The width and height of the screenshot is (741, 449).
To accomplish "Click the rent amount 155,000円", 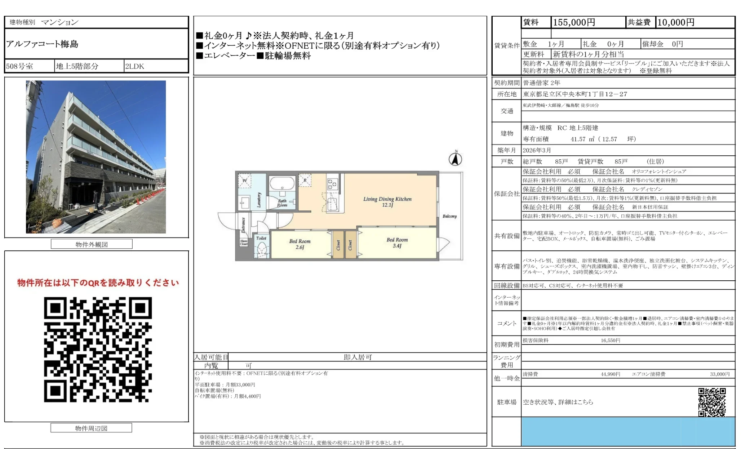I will [x=574, y=22].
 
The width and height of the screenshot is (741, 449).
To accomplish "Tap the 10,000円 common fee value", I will [x=676, y=22].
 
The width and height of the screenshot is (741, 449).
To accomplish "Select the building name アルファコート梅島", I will [x=42, y=44].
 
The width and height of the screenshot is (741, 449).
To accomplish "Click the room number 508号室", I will [x=19, y=66].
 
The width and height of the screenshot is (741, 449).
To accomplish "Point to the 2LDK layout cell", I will [x=134, y=66].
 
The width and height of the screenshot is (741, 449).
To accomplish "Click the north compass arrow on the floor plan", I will [x=456, y=159].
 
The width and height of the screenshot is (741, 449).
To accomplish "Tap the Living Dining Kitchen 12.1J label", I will [x=387, y=202].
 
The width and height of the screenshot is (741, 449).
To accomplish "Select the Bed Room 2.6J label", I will [x=300, y=244].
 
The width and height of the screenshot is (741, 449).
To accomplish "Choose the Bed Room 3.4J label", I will [x=397, y=243].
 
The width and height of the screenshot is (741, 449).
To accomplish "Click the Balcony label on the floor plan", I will [x=449, y=216].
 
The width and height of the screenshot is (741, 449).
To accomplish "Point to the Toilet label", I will [x=261, y=238].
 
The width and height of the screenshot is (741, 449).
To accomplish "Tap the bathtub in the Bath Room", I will [x=282, y=183].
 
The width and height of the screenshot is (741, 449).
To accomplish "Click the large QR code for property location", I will [x=98, y=349].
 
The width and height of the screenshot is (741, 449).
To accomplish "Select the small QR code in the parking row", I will [x=712, y=402].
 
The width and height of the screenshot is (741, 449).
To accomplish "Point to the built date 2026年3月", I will [x=537, y=150].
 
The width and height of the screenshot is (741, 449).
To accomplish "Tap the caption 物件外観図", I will [x=92, y=244].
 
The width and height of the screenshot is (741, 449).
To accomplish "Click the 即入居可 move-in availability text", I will [x=358, y=357].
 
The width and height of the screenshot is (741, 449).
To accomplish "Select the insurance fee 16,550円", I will [x=610, y=340].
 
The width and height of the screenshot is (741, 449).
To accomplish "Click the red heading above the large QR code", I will [x=98, y=283].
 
